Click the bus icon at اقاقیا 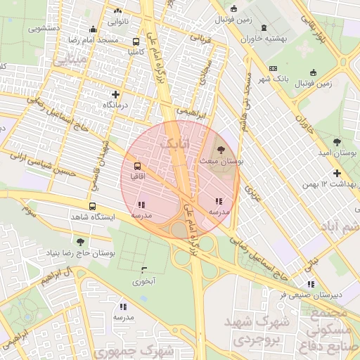pos(136,167)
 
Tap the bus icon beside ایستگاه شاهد pos(92,207)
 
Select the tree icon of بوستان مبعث pos(222,150)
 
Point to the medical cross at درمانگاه pos(116,94)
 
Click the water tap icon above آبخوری pos(144,270)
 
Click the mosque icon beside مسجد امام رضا pos(93,29)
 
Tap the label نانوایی pos(117,22)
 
